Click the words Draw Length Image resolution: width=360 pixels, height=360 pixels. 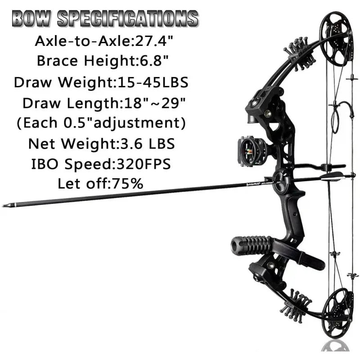pyautogui.click(x=70, y=103)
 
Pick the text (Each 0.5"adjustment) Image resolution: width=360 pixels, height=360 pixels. pyautogui.click(x=101, y=123)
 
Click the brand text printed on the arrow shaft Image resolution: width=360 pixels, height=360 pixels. pyautogui.click(x=245, y=184)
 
